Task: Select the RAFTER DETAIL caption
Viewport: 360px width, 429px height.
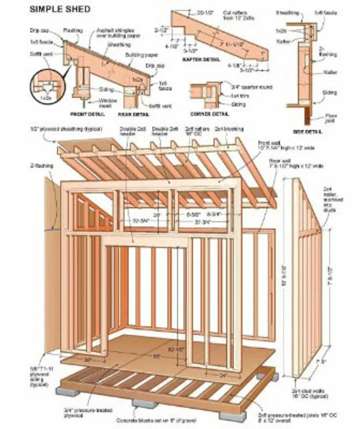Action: [x=201, y=60]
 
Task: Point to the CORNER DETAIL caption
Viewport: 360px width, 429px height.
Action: [x=210, y=114]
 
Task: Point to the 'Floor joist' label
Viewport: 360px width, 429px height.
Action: [x=330, y=117]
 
